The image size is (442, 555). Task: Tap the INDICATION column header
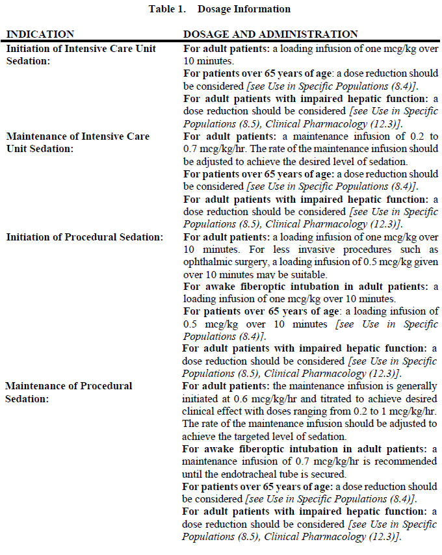coord(40,34)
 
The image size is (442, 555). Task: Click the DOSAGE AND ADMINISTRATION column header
coord(270,34)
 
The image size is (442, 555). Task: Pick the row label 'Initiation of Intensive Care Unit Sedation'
coord(81,54)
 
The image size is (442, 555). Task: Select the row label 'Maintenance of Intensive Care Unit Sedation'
coord(78,142)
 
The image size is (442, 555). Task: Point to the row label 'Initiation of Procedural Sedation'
coord(84,237)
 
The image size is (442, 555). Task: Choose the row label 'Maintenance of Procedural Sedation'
coord(69,392)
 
